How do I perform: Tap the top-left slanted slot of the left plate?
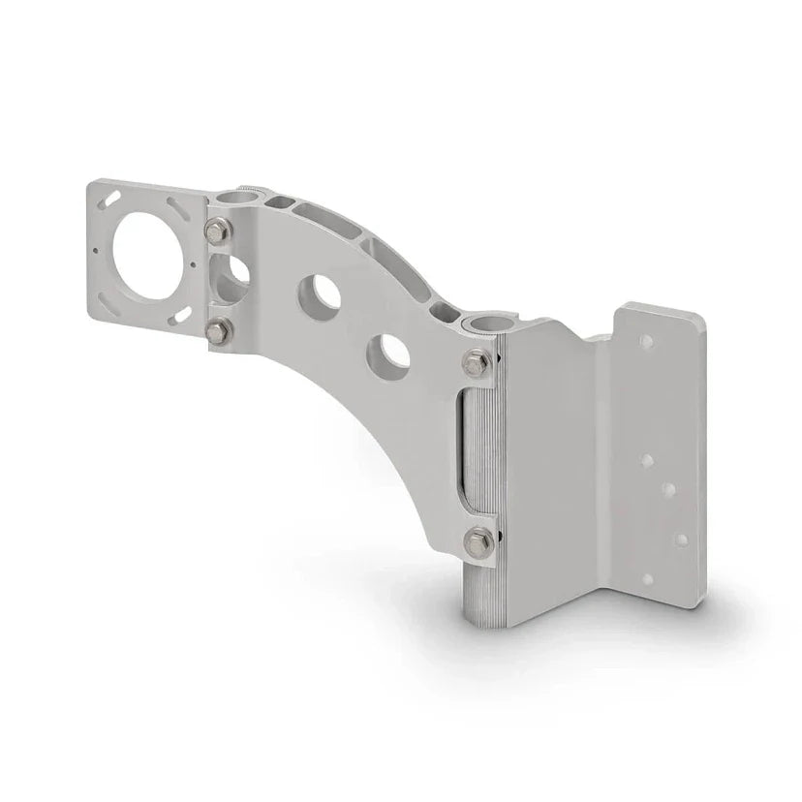pyautogui.click(x=114, y=197)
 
